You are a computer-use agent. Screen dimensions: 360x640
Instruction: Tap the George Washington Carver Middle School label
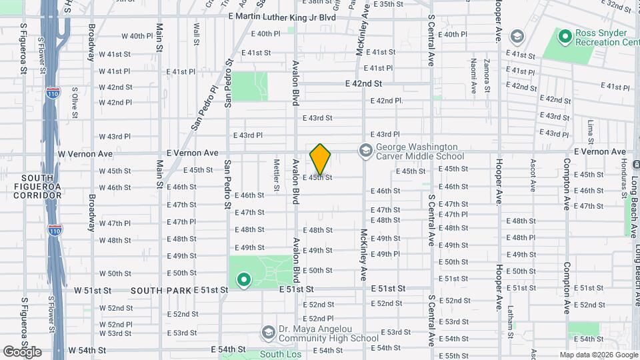417,151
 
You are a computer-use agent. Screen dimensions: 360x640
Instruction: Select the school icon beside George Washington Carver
365,151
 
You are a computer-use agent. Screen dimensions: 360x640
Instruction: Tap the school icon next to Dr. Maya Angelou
268,333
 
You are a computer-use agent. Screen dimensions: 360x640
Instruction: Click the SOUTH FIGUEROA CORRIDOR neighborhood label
41,187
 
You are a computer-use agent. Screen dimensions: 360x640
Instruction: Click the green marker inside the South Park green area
243,280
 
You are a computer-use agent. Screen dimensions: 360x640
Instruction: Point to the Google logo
22,351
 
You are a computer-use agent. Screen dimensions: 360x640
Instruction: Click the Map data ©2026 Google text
598,355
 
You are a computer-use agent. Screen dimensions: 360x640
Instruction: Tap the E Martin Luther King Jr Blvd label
281,17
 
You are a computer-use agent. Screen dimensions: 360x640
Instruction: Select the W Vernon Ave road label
85,153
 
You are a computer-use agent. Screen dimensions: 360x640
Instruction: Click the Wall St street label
197,34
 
